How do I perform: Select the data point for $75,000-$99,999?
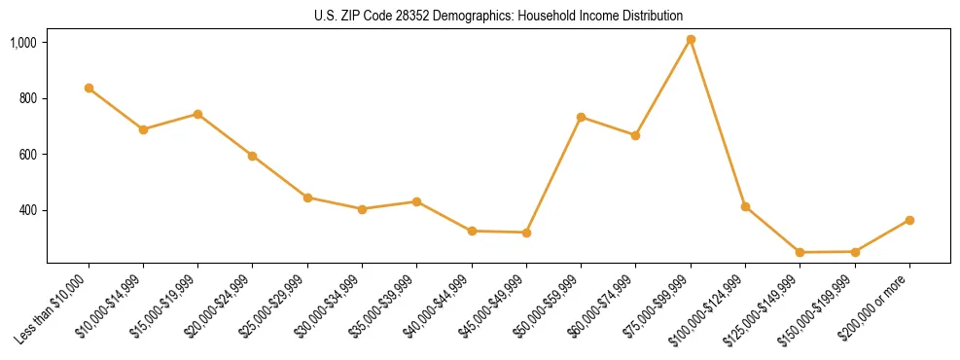(691, 40)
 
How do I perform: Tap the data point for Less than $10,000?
(89, 88)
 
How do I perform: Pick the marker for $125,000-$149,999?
(800, 252)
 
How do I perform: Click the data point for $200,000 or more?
(909, 220)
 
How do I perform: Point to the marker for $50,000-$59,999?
(581, 117)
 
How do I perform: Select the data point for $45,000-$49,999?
(526, 233)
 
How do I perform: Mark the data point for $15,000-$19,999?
(197, 114)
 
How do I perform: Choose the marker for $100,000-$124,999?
(745, 206)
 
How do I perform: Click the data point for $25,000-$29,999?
(307, 198)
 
